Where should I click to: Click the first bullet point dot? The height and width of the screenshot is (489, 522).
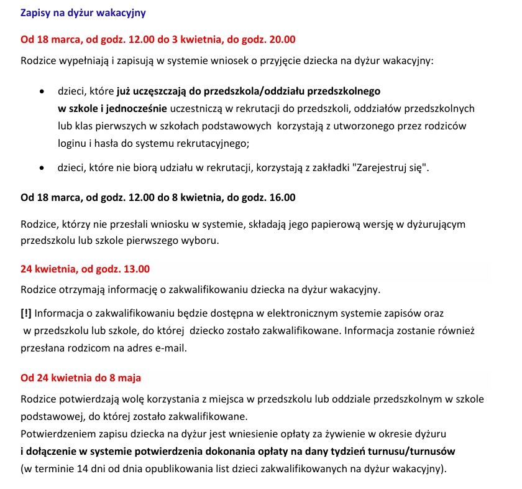[42, 91]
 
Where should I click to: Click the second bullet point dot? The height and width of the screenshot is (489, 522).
[42, 168]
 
